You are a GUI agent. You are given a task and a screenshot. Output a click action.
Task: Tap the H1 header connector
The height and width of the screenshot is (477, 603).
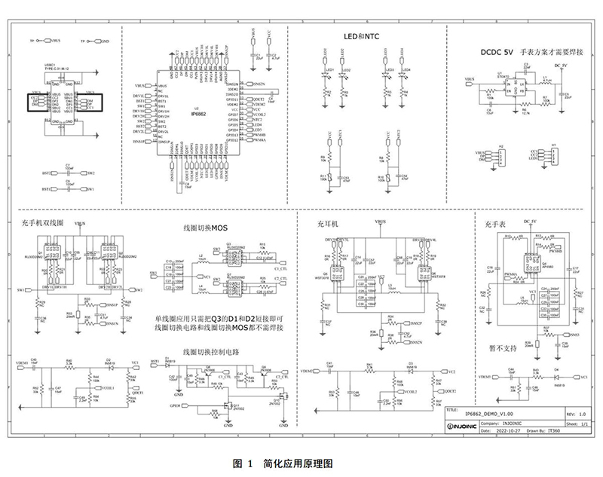tap(553, 155)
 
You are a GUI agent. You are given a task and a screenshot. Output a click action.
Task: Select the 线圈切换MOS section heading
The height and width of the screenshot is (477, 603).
tap(204, 227)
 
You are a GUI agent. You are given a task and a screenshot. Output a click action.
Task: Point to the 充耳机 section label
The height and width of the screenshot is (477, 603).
tap(330, 223)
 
